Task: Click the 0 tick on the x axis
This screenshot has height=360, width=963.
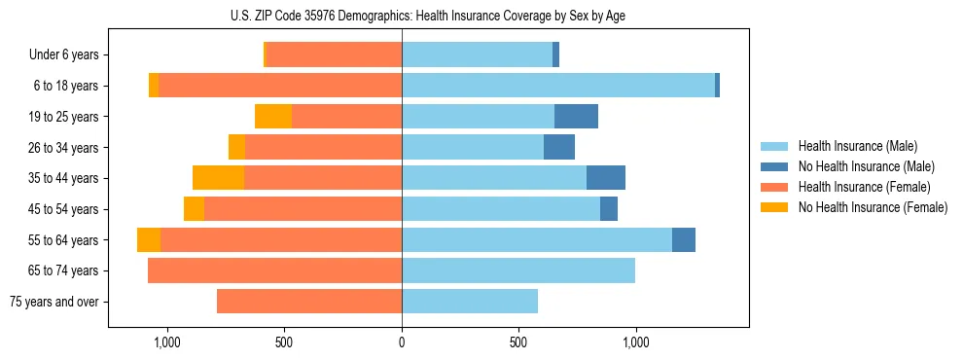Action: click(x=402, y=342)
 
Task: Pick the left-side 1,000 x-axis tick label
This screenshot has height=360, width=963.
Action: click(x=167, y=342)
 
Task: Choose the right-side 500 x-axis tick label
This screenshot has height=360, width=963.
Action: click(x=518, y=342)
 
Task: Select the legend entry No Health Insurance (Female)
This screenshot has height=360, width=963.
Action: click(x=873, y=207)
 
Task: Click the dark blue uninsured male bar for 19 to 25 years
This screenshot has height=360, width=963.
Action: click(x=576, y=117)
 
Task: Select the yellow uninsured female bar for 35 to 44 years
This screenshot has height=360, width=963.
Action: click(x=218, y=178)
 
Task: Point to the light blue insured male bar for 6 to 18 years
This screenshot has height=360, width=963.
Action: click(x=558, y=86)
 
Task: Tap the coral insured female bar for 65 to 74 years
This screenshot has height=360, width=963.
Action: click(x=274, y=270)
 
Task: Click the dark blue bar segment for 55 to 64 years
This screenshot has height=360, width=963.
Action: click(x=684, y=239)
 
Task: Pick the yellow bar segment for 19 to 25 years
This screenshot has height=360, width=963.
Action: click(x=273, y=117)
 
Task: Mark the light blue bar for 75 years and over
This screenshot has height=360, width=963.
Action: click(x=470, y=302)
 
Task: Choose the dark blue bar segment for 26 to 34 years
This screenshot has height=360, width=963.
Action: click(x=559, y=147)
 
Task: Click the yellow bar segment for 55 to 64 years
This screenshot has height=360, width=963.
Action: click(x=149, y=239)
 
